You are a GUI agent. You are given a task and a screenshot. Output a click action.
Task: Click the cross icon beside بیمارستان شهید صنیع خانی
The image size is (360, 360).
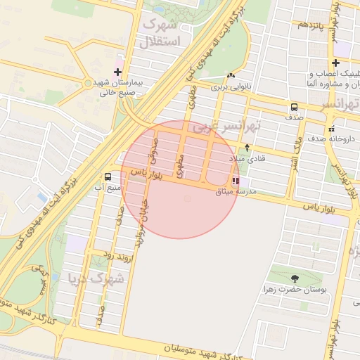(117, 72)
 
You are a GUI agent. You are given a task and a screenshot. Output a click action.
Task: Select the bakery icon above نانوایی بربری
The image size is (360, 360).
(231, 75)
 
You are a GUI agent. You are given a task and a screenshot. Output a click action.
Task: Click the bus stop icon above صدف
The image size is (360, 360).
(293, 108)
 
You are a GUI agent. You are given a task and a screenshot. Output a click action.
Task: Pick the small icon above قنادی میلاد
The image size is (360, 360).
(247, 148)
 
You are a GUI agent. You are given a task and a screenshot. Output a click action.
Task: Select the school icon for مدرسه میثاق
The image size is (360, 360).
(234, 181)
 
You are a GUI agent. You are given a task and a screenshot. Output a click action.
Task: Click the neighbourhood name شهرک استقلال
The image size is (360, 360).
(162, 33)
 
